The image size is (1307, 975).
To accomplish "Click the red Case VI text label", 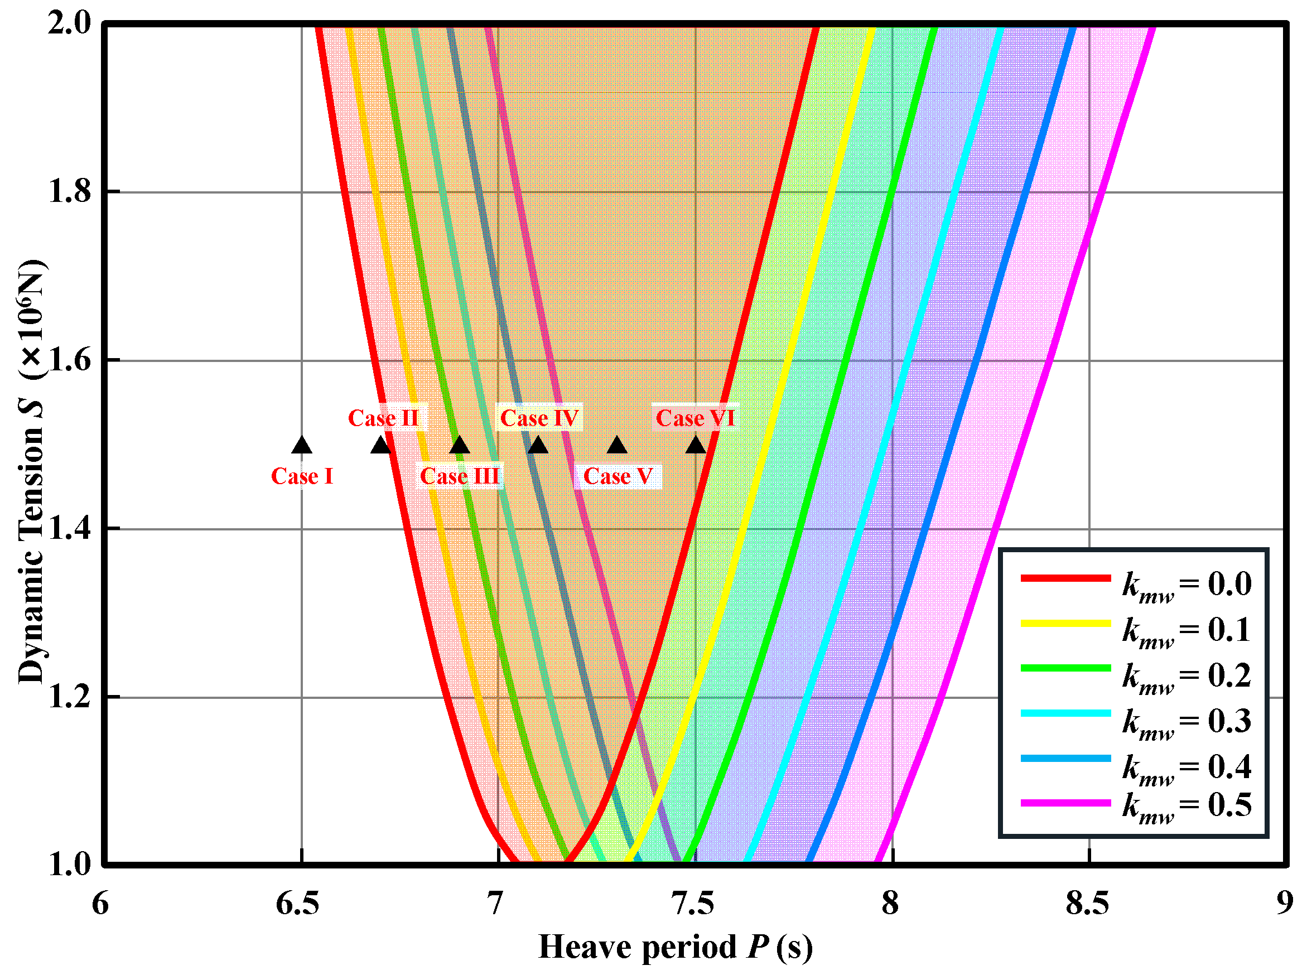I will coord(695,418).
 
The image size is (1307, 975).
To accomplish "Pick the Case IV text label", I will coord(539,418).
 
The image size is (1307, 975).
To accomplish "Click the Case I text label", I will coord(302,476).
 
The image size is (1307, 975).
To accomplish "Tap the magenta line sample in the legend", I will coord(1065,803).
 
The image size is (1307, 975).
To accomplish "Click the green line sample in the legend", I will coord(1065,668).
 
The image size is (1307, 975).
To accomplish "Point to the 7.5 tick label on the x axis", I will coord(695,904).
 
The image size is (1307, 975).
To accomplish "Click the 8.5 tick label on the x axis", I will coord(1088,904).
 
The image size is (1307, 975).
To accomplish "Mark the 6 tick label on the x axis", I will coord(100,904).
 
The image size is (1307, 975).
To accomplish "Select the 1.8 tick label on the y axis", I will coord(69,191).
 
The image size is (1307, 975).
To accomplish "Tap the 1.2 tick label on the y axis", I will coord(69,697).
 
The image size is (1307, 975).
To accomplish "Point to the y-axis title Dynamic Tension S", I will coord(31,472).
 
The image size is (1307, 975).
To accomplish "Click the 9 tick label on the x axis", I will coord(1285,904).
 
